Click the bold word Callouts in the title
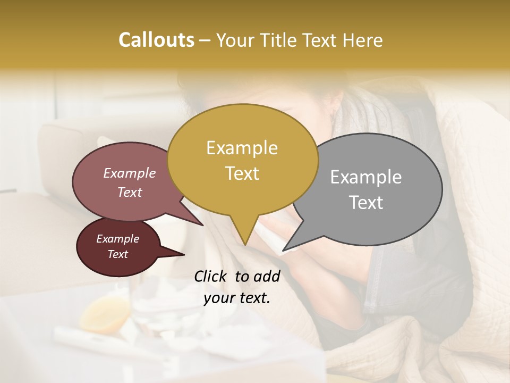pos(156,40)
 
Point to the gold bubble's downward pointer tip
pos(245,244)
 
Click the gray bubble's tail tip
pos(284,249)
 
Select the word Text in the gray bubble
pos(366,203)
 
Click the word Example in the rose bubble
pos(129,173)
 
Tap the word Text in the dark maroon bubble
pos(117,254)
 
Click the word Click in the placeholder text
pos(211,276)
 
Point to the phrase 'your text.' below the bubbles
pos(237,298)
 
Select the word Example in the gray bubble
pos(366,177)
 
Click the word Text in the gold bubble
pos(242,173)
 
